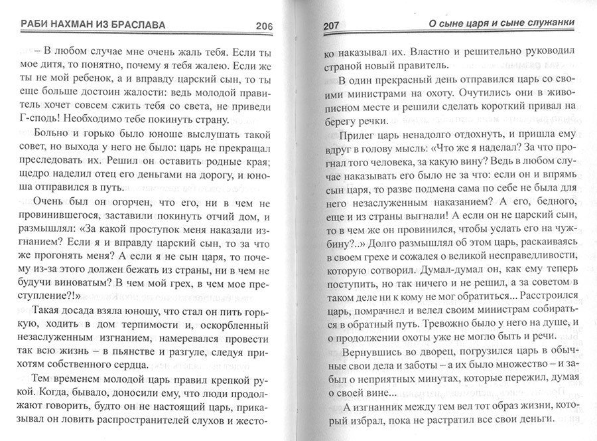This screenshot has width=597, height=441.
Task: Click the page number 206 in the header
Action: coord(264,26)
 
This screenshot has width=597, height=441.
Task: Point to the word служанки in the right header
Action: coord(551,25)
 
